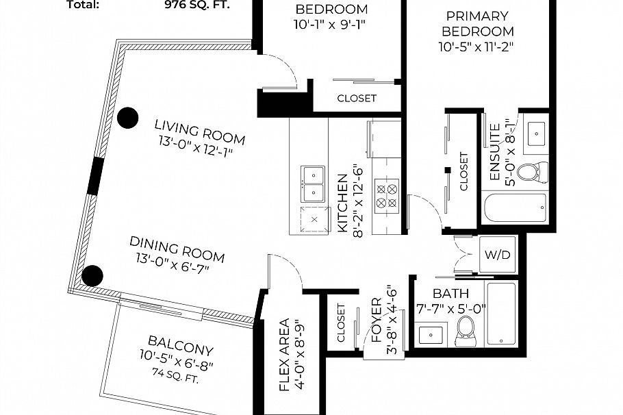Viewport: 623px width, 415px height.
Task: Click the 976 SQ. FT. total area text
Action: (x=197, y=5)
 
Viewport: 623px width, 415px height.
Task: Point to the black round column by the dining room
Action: (x=92, y=275)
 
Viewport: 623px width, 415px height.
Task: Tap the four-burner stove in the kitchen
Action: (x=386, y=194)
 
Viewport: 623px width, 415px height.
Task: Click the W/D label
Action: (x=498, y=255)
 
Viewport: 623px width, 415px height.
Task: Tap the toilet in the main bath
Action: (x=467, y=330)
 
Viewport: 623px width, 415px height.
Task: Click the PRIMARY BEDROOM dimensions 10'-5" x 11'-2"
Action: (x=476, y=47)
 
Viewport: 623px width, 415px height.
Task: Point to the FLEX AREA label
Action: (x=286, y=355)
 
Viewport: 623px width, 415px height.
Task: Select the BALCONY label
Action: (x=181, y=342)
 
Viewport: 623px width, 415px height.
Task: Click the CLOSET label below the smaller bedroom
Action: (x=356, y=98)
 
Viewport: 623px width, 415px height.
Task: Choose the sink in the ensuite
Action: (x=536, y=131)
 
